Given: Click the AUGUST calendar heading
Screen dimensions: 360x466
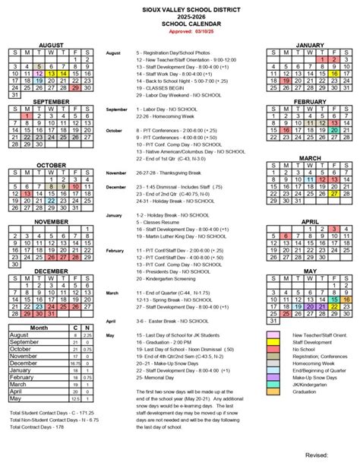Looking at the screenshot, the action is pyautogui.click(x=51, y=46).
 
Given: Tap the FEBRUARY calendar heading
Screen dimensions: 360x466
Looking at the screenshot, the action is pyautogui.click(x=309, y=101).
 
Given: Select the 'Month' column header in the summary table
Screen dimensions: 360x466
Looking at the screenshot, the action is pyautogui.click(x=38, y=327).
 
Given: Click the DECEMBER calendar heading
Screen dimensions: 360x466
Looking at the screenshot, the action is pyautogui.click(x=51, y=271).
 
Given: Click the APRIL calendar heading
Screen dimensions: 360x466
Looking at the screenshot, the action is pyautogui.click(x=309, y=221).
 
